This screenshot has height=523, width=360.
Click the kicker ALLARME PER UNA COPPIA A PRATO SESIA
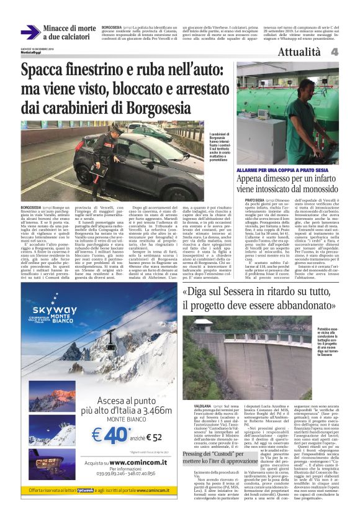279,170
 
